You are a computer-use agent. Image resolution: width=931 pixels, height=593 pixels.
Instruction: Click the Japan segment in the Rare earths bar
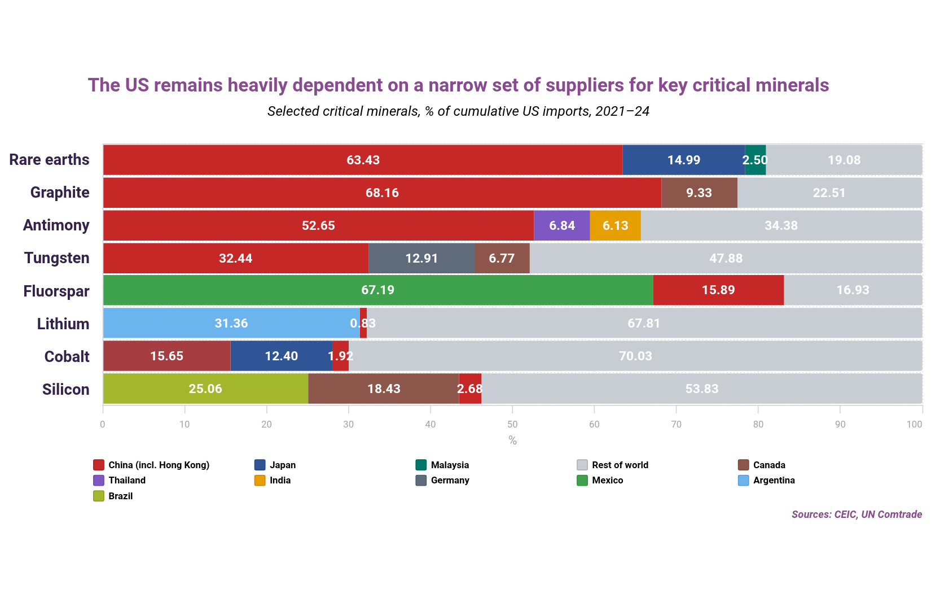tap(683, 160)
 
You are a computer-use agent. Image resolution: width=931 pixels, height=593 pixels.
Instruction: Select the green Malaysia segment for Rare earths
tap(755, 160)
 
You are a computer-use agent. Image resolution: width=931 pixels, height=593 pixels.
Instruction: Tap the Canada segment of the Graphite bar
tap(699, 193)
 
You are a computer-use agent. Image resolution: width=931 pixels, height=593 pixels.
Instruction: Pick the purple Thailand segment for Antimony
tap(561, 225)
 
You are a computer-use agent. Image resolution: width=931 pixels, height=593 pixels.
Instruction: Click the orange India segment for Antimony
tap(615, 225)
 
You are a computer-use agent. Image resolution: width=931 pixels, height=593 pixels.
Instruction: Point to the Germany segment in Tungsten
tap(421, 258)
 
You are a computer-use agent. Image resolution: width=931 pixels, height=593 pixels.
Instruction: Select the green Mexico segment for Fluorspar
tap(377, 290)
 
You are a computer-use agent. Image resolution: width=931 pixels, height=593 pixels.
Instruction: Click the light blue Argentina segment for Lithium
tap(231, 323)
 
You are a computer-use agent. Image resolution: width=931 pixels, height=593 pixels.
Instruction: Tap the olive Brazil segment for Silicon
tap(205, 389)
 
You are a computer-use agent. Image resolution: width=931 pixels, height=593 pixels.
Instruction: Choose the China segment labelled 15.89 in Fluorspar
tap(718, 290)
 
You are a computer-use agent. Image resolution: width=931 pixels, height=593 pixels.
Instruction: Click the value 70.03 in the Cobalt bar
tap(635, 356)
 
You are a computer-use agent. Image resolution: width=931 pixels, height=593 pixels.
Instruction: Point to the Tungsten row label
tap(56, 258)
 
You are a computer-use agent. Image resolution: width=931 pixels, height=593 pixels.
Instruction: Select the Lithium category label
tap(63, 324)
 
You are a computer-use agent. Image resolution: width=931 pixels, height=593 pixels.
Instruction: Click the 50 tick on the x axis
tap(512, 424)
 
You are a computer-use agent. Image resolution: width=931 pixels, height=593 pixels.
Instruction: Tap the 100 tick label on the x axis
tap(914, 424)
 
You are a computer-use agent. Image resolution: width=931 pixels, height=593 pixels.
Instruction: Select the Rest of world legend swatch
tap(582, 465)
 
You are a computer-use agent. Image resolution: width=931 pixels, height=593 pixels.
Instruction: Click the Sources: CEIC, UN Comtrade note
tap(857, 514)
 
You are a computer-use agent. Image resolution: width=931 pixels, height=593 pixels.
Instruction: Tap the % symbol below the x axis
tap(512, 441)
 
